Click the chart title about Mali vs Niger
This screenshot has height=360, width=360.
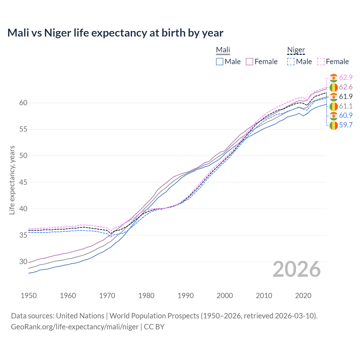point(115,33)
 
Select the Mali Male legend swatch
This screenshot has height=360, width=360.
point(220,62)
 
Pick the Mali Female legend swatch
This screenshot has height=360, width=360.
point(249,62)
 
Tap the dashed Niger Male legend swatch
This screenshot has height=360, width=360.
point(291,62)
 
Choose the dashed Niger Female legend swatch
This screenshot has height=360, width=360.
point(321,62)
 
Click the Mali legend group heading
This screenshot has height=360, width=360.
point(223,50)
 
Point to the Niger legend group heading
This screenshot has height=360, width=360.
point(296,50)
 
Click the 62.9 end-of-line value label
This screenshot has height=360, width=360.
point(346,78)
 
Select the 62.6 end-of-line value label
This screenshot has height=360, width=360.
point(346,87)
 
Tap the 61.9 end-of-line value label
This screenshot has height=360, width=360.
point(346,97)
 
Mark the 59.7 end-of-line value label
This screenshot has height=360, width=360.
point(346,125)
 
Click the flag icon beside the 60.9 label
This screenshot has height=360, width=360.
point(334,116)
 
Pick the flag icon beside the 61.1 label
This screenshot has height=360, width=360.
point(334,106)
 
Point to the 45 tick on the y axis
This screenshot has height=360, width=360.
point(23,182)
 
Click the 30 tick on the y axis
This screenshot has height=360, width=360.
point(23,262)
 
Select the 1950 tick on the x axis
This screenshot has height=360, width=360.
point(29,296)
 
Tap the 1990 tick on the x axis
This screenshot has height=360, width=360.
point(186,296)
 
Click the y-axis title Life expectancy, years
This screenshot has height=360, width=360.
point(12,180)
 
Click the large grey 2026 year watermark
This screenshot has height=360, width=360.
point(297,269)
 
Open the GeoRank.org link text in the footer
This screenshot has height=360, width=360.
point(75,327)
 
